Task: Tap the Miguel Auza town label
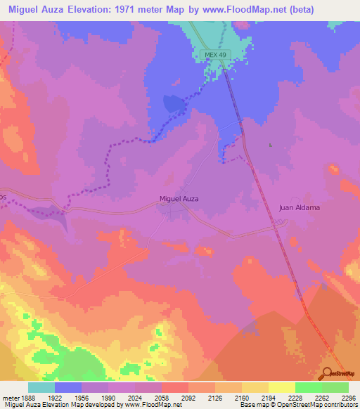point(179,199)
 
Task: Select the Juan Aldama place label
point(300,208)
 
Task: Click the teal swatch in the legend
point(41,387)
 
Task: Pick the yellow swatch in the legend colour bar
point(282,387)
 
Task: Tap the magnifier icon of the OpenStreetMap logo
point(326,372)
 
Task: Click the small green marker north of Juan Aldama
point(271,145)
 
